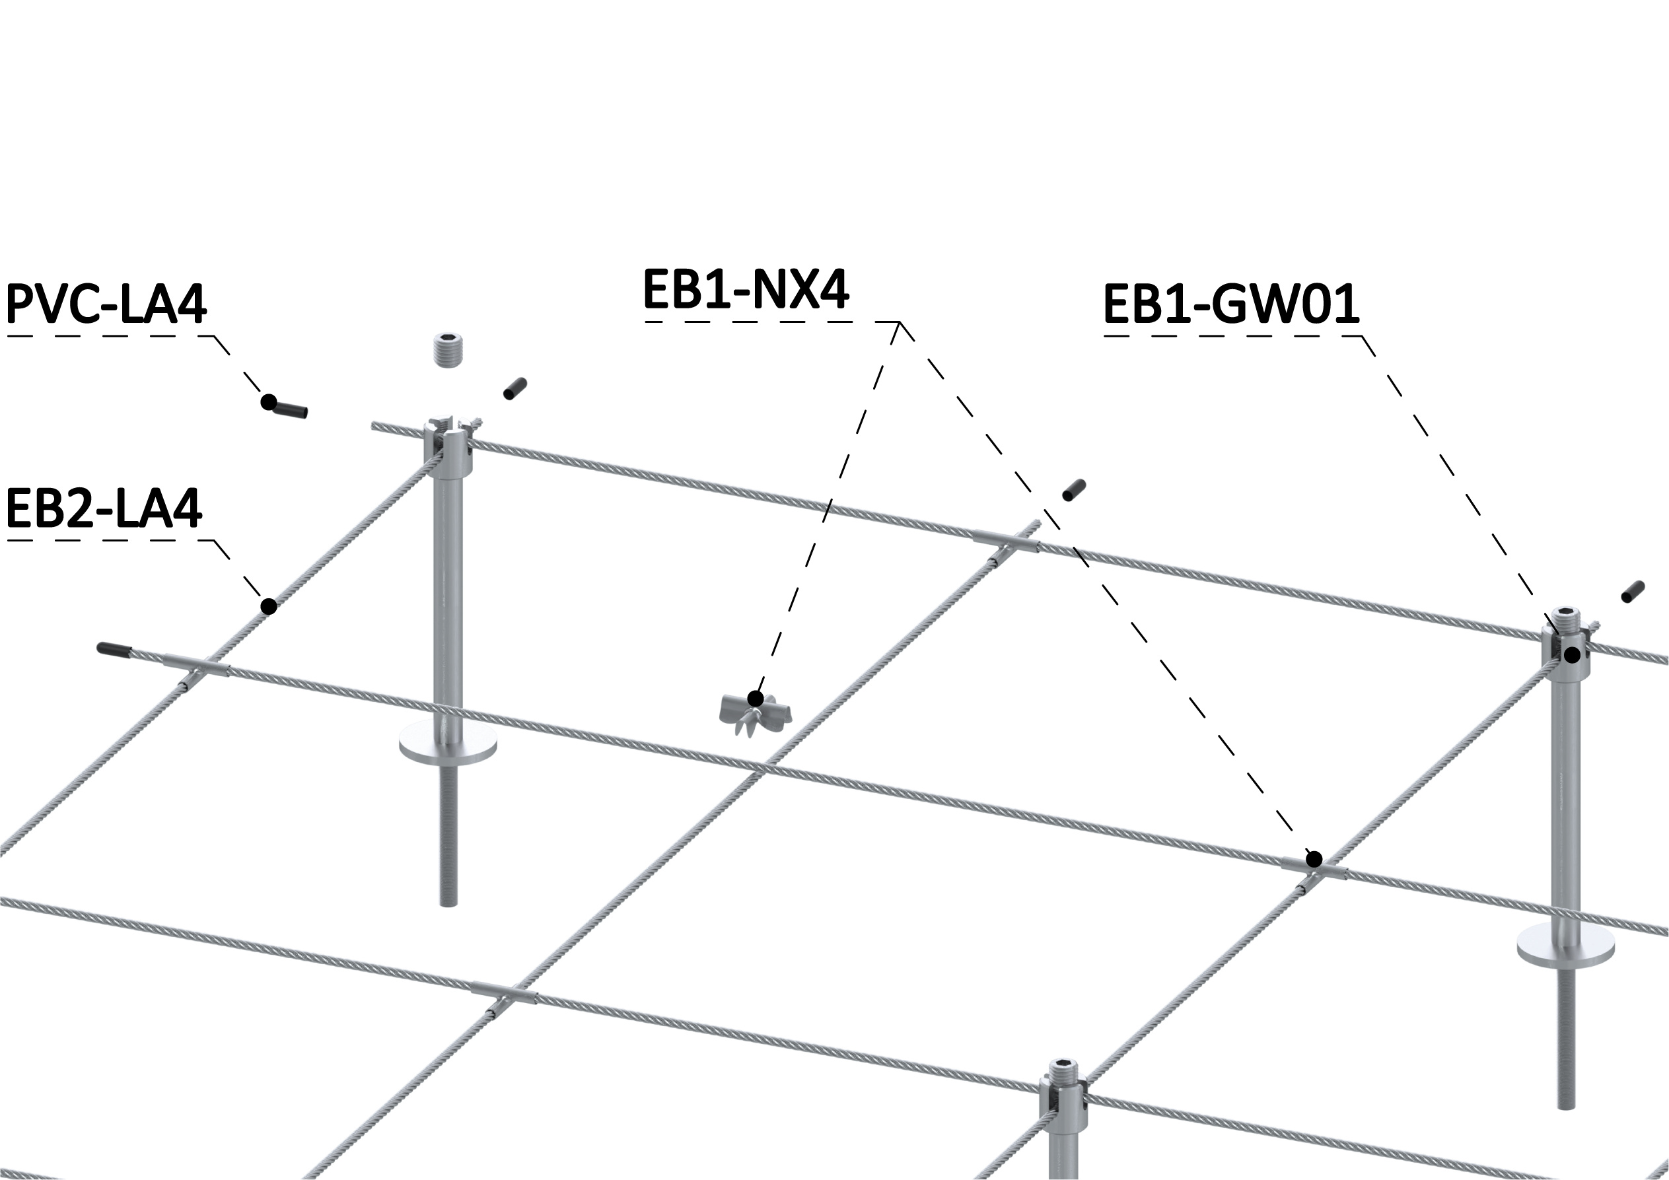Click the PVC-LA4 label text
[x=106, y=304]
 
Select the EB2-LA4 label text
[x=104, y=508]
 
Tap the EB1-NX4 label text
[x=746, y=289]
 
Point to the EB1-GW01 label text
[x=1231, y=304]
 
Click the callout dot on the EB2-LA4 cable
[x=268, y=606]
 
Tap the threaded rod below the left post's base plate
[x=448, y=834]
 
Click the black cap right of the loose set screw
[x=515, y=388]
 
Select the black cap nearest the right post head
[x=1633, y=592]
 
